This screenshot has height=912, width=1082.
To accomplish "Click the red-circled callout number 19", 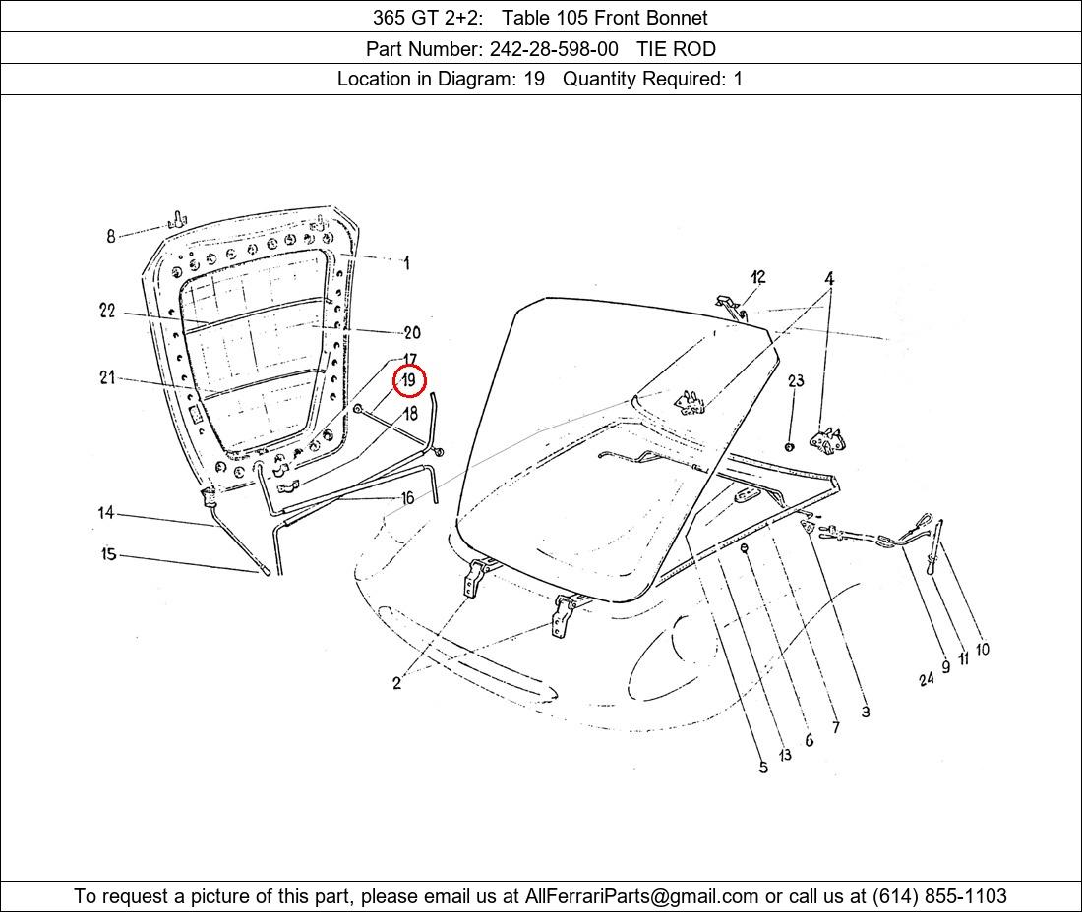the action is pos(409,380).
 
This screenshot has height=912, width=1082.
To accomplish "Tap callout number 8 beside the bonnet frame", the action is pos(111,237).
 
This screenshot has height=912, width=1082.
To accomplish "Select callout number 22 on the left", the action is pos(107,311).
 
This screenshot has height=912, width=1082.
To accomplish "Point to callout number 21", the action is pos(107,377).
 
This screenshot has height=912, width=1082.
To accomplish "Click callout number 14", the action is pos(105,513).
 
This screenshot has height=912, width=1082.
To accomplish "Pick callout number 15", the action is pos(108,554).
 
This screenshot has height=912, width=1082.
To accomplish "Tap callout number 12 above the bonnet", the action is pos(758,277).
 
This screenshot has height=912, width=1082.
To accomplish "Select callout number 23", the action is pos(797,380).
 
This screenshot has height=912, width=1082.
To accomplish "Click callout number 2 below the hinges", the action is pos(396,683).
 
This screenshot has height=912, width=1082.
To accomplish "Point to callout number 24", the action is pos(926,679).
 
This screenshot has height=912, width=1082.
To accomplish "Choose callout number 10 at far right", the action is pos(983,649).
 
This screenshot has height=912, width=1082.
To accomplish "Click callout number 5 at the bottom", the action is pos(763,768).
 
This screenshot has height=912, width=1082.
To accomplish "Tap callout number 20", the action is pos(412,333).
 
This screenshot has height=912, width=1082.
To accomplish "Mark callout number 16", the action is pos(408,498).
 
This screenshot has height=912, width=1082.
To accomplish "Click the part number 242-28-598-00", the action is pos(554,49).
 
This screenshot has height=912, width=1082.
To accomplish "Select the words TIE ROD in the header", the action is pos(677,49).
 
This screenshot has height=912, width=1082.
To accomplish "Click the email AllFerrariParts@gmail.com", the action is pos(641,896).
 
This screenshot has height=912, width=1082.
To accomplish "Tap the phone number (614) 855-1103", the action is pos(939,896).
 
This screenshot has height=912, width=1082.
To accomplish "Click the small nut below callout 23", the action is pos(790,447).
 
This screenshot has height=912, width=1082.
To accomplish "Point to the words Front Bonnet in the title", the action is pos(651,18).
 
